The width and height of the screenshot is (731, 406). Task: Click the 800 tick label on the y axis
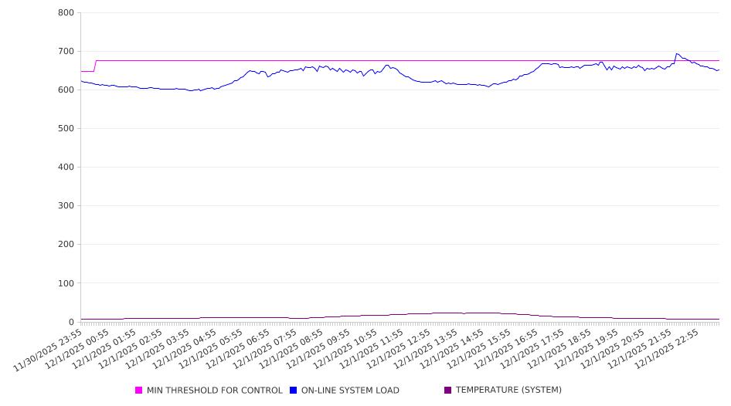point(66,13)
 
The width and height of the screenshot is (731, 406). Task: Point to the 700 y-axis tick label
point(66,52)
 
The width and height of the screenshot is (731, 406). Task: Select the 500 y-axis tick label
point(66,129)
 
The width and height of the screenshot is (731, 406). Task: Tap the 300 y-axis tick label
point(66,206)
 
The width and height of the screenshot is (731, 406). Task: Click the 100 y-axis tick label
point(66,283)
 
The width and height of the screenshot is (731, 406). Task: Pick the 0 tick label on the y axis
point(70,322)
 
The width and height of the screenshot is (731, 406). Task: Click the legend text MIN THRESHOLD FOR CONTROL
point(214,391)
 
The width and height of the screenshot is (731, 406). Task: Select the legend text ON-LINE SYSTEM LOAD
point(350,391)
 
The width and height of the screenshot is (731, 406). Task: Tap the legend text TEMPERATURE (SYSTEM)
point(508,391)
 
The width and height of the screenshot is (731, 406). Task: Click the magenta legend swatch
point(139,391)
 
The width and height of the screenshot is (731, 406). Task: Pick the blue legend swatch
point(294,391)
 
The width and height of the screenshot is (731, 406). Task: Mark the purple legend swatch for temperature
point(447,391)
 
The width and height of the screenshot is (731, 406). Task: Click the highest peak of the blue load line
point(677,54)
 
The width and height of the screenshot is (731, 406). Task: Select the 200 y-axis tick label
point(66,245)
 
